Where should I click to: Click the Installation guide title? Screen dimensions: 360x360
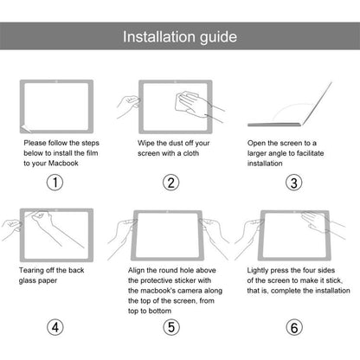tap(179, 37)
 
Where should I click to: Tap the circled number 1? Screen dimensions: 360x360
tap(55, 183)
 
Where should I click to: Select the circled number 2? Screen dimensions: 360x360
tap(171, 183)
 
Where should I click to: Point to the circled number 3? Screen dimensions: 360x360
tap(294, 183)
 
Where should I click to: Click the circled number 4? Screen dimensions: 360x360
tap(55, 328)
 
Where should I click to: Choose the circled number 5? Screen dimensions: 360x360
tap(171, 328)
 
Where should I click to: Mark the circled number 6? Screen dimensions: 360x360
tap(294, 328)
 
